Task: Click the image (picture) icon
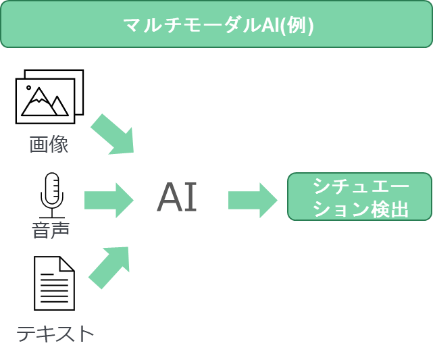tap(49, 97)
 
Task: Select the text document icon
tap(54, 283)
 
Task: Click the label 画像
tap(49, 145)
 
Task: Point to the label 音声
tap(51, 230)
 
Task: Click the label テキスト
tap(55, 333)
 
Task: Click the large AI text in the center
tap(177, 198)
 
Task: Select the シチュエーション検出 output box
tap(359, 197)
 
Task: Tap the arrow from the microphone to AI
tap(109, 200)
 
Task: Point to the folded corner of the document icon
tap(67, 264)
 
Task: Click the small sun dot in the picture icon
tap(28, 88)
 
